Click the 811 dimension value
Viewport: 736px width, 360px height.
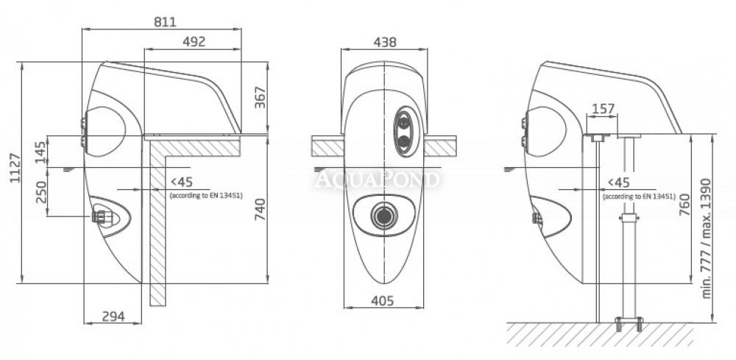(x=165, y=22)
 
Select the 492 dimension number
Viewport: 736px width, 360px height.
(x=194, y=42)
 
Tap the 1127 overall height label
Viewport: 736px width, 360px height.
(x=16, y=168)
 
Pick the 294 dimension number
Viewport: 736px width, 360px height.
(x=113, y=317)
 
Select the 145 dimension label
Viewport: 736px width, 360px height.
(x=41, y=152)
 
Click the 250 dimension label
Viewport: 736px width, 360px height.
(x=41, y=192)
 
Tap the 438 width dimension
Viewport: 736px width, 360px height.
(x=385, y=42)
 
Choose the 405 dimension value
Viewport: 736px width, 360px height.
(x=383, y=301)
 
